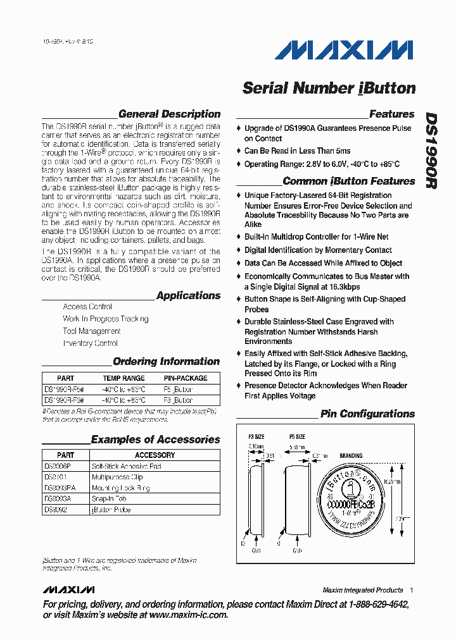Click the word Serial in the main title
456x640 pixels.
coord(265,88)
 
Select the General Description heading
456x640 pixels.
coord(169,114)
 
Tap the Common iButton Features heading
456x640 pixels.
coord(348,181)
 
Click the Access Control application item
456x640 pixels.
coord(87,307)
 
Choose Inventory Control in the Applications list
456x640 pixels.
coord(90,343)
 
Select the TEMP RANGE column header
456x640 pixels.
coord(123,378)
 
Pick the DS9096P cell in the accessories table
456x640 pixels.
coord(57,466)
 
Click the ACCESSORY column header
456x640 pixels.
coord(155,455)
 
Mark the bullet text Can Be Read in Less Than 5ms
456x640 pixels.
coord(297,151)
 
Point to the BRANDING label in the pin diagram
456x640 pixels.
coord(351,455)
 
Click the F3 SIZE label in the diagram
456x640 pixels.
coord(255,437)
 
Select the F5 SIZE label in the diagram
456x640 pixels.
coord(297,437)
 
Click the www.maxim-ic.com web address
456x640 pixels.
coord(188,615)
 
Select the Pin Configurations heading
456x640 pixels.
coord(367,414)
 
